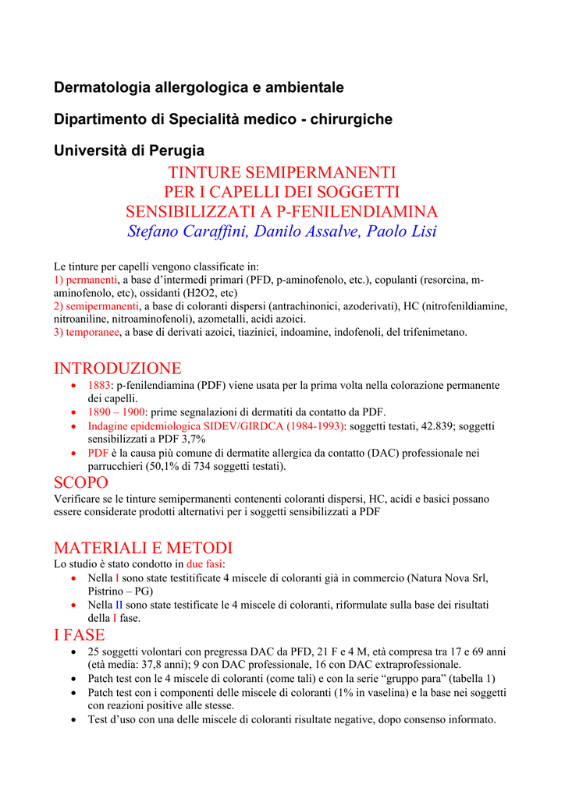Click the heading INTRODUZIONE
(117, 368)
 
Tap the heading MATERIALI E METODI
(143, 548)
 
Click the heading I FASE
(79, 635)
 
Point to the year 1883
(99, 386)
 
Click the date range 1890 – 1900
(116, 412)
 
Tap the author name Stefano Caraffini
(182, 231)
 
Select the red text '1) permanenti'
(85, 280)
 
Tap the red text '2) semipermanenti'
(96, 306)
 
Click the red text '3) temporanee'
(87, 332)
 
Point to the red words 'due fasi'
(205, 563)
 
